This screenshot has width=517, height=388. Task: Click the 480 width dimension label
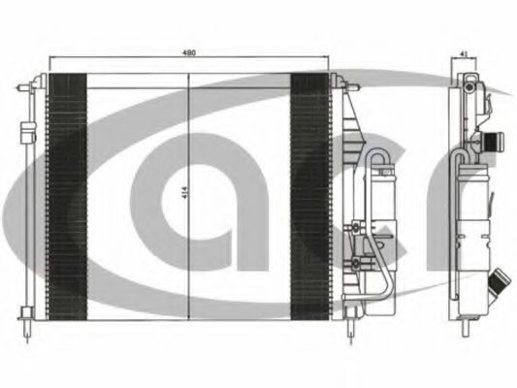click(189, 52)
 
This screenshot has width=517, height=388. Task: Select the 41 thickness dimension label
click(464, 53)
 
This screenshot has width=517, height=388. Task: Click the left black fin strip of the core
click(68, 197)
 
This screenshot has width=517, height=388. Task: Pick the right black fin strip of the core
click(309, 197)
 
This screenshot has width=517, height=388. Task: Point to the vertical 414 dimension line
click(188, 197)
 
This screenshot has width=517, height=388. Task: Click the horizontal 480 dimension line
click(188, 57)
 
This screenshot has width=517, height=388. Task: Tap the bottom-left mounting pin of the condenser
click(27, 331)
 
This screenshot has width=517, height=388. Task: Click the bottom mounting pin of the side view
click(466, 328)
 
